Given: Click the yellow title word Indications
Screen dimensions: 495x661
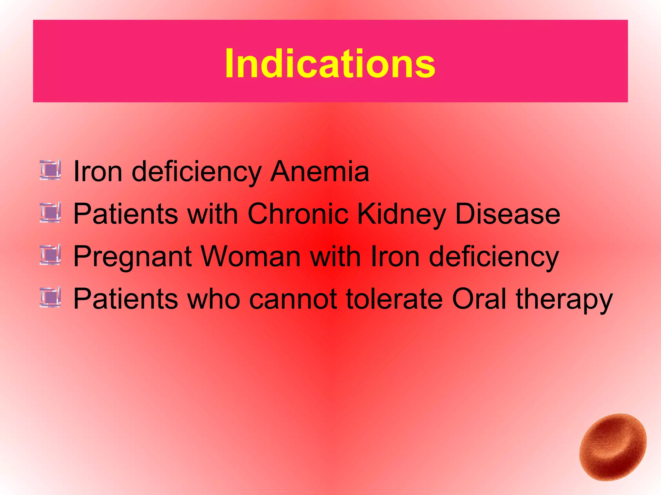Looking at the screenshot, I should (x=330, y=63).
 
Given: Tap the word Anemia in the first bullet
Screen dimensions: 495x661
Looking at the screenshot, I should (x=320, y=171).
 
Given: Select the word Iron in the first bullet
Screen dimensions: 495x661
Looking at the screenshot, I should (x=98, y=171).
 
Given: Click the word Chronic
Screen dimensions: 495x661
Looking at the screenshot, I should (x=298, y=214).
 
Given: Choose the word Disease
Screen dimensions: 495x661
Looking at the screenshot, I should (x=507, y=214).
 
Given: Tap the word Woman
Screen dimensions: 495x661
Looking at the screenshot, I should (x=251, y=257).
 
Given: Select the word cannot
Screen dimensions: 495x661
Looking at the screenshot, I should (x=293, y=299).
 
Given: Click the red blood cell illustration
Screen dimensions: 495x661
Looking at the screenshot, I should (x=613, y=447).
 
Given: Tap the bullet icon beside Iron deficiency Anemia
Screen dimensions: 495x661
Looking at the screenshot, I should (x=50, y=170).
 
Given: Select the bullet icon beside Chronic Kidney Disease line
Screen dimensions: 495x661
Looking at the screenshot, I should (x=50, y=212).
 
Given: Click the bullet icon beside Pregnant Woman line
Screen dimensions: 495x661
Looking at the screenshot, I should (x=50, y=255).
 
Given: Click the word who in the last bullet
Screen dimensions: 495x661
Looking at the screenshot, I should (x=214, y=299).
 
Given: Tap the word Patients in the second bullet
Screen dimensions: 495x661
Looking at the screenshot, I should (x=126, y=214).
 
